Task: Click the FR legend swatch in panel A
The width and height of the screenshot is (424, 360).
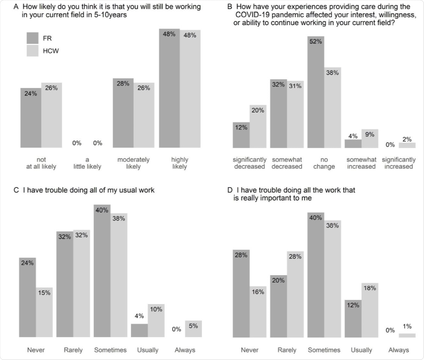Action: point(33,38)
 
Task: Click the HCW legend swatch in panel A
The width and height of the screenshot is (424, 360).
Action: point(33,51)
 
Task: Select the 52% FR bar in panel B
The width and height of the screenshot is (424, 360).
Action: point(316,92)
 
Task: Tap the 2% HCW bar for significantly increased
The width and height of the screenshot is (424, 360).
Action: point(407,145)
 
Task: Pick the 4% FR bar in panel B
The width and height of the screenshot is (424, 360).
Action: point(353,144)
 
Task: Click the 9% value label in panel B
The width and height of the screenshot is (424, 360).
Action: point(370,134)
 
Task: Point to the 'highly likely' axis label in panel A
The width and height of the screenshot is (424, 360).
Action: point(179,163)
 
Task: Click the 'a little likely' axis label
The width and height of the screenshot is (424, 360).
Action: point(87,163)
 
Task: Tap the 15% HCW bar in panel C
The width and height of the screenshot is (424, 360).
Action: point(44,312)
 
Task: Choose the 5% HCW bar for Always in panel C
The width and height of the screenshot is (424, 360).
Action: point(193,329)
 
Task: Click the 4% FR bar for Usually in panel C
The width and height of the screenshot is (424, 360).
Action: point(139,330)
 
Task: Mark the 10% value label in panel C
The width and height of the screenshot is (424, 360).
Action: point(156,309)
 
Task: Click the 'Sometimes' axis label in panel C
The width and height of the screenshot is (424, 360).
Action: point(110,350)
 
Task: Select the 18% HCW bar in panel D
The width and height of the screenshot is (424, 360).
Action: point(370,310)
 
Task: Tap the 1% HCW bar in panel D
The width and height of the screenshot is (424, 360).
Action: point(407,335)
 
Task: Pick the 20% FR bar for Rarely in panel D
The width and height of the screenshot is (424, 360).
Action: point(278,306)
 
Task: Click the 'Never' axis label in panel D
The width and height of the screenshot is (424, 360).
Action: point(250,350)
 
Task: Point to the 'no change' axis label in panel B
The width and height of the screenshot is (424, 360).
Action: point(324,163)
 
